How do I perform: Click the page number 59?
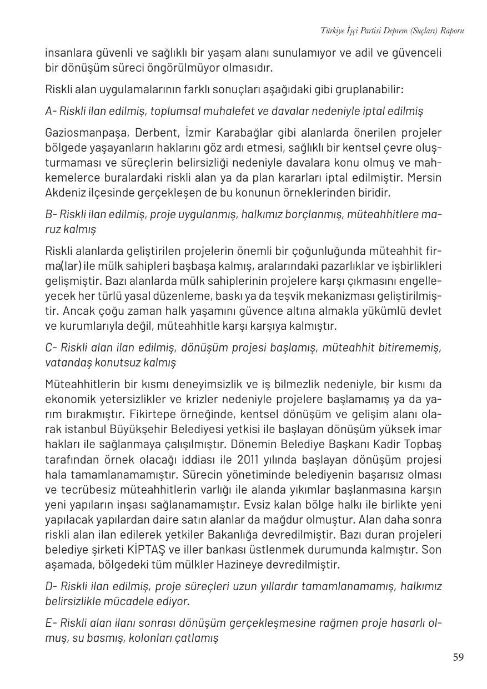(x=458, y=657)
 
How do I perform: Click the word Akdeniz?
(x=65, y=193)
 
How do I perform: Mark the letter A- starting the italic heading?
(x=51, y=111)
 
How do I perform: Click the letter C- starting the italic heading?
(x=51, y=348)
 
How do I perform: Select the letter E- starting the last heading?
(x=51, y=623)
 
